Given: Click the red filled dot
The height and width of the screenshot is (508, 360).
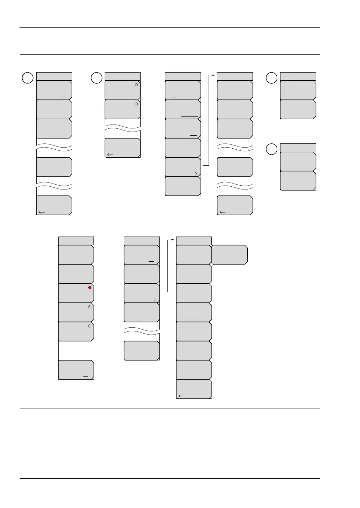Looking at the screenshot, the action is coord(90,287).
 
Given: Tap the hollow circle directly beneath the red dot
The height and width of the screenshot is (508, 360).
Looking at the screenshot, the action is coord(90,307).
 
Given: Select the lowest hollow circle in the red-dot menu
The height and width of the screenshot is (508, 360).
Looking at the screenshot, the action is coord(90,326).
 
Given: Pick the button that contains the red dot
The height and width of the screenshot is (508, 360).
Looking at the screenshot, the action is coord(76,293).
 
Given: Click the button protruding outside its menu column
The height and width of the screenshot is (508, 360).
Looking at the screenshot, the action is coord(230,255).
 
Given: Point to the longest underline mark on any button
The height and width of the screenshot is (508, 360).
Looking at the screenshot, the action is coord(190,116).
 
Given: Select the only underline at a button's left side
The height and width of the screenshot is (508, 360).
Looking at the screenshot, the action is coord(173,97).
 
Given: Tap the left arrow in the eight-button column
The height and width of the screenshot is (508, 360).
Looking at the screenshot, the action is coord(181,396).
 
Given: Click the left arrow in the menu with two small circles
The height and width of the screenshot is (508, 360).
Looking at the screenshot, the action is coord(110,155).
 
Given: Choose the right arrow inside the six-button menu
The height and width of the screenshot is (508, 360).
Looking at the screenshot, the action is coord(194,174).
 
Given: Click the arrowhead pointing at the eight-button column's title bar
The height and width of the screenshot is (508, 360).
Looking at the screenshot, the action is coord(174,240).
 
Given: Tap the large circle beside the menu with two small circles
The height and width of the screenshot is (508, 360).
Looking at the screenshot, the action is coord(97,78).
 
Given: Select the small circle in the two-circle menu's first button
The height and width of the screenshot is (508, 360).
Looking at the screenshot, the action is coord(136,85).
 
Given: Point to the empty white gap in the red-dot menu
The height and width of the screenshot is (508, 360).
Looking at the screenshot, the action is coord(76,350).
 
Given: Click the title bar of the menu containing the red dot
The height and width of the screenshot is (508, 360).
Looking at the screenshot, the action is coord(76,241).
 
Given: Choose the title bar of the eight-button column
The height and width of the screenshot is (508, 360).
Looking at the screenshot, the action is coord(194,241).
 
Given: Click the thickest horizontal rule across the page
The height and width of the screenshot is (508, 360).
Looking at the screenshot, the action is coord(170,27).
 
